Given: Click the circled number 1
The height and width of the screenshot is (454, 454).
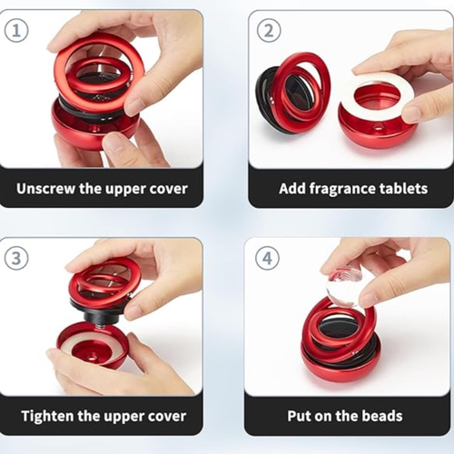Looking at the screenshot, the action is [16, 31].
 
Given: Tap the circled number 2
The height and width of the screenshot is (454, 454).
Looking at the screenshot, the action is [269, 31].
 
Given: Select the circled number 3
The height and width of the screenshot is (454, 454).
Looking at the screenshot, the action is [16, 258].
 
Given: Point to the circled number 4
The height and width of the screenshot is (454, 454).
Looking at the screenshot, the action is [268, 259].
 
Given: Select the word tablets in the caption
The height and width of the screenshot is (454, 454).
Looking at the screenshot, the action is [403, 188].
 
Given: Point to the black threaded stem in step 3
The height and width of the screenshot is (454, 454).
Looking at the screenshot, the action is [96, 315].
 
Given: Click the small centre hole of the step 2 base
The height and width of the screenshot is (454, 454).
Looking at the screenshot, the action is [378, 125].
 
